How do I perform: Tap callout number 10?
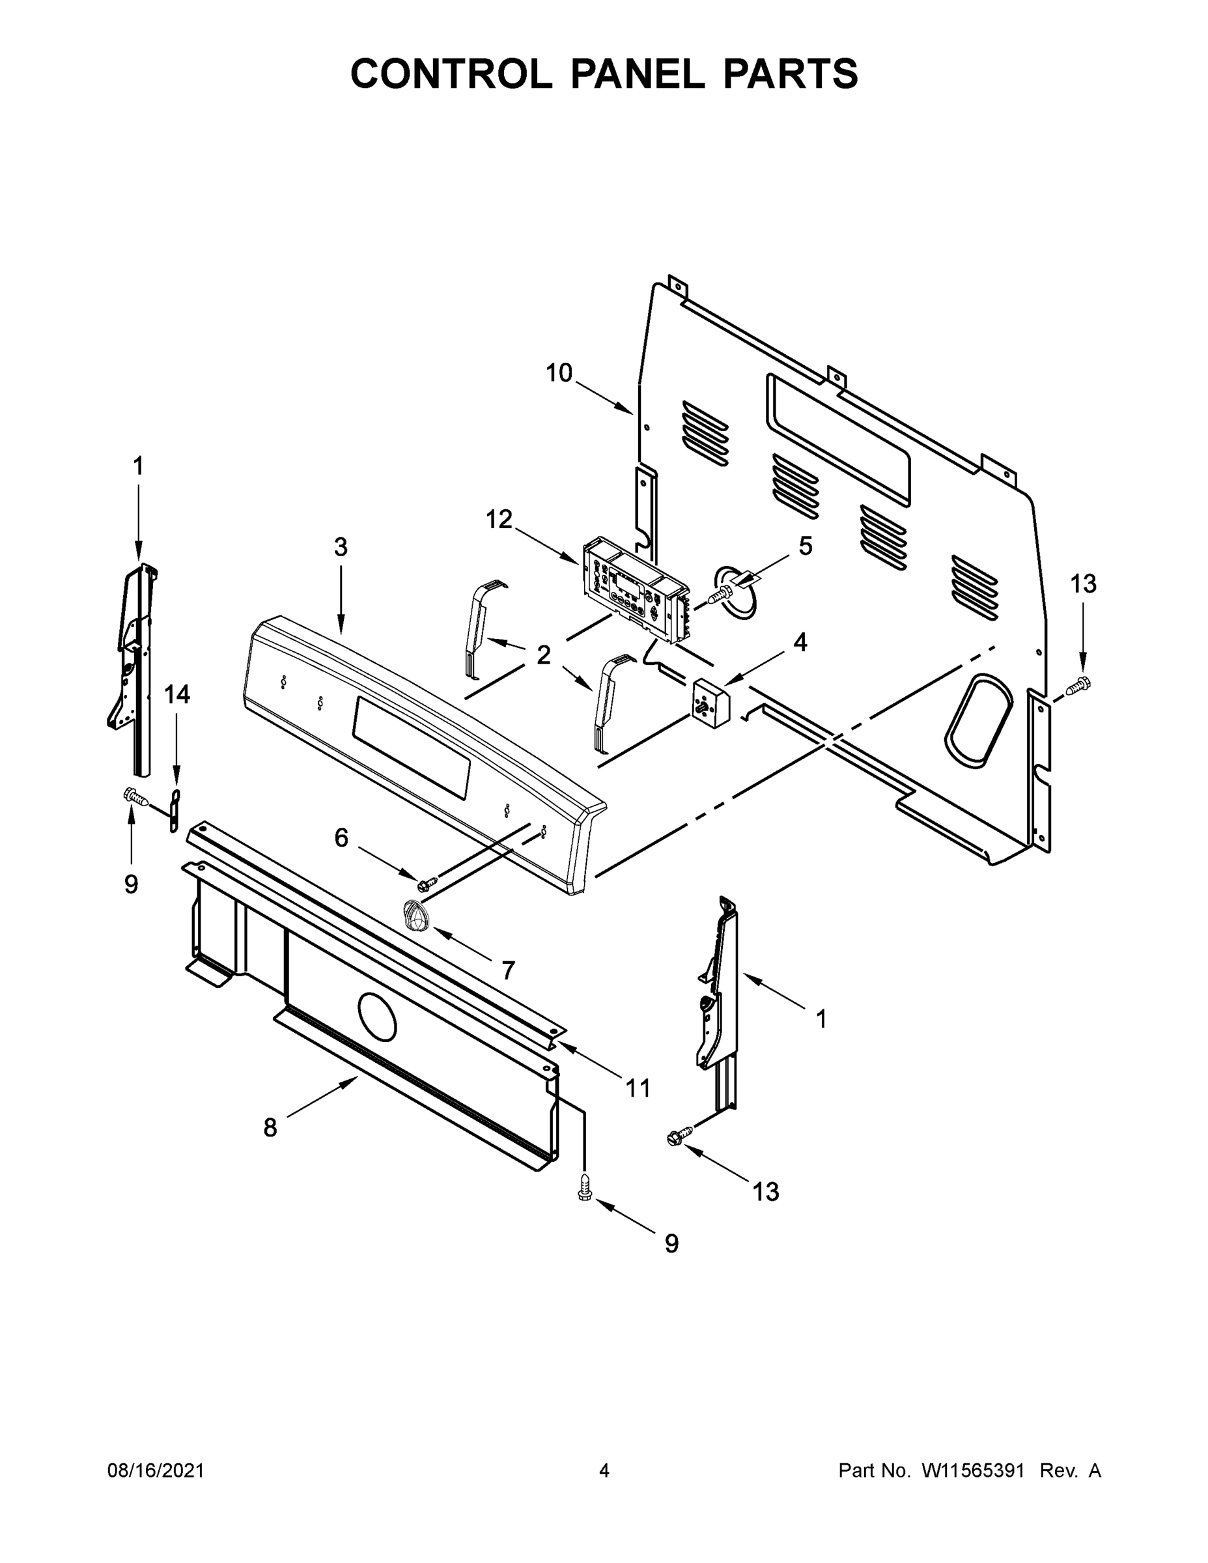click(559, 373)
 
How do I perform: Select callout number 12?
click(499, 520)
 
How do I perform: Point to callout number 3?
click(341, 547)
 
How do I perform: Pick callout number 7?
click(507, 970)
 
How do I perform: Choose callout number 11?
click(638, 1088)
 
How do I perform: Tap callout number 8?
click(270, 1128)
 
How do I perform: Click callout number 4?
click(800, 642)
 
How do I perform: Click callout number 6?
click(341, 838)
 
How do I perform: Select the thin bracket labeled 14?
click(174, 811)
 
